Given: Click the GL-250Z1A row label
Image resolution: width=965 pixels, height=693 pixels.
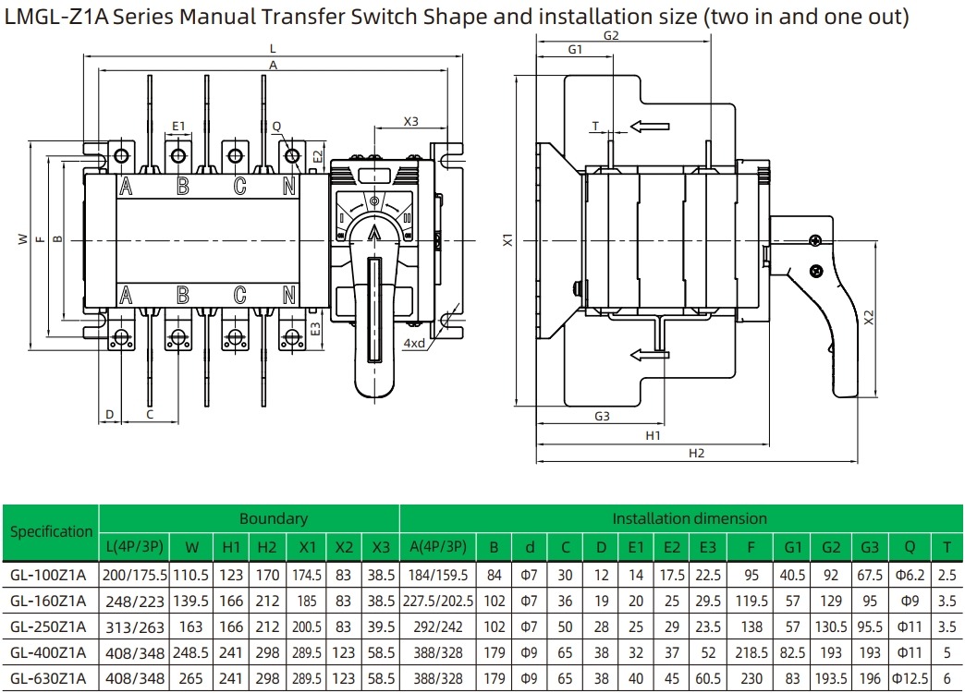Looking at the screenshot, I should pyautogui.click(x=47, y=628).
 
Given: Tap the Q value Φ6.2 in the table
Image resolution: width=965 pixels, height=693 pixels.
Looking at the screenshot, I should pyautogui.click(x=910, y=575).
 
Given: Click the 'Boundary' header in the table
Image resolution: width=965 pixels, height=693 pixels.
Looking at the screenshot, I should pyautogui.click(x=273, y=518).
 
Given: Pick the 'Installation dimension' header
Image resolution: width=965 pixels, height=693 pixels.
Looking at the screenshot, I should pyautogui.click(x=689, y=518).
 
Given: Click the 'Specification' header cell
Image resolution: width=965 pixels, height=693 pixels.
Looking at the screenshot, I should pyautogui.click(x=51, y=531).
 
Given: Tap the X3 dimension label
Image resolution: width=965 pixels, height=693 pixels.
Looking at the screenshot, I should pyautogui.click(x=410, y=121).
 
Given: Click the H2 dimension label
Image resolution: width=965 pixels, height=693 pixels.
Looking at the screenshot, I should pyautogui.click(x=696, y=453).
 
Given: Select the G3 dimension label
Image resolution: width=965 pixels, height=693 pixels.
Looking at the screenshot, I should pyautogui.click(x=602, y=417).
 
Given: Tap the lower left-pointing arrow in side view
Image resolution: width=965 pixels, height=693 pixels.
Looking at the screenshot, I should pyautogui.click(x=649, y=353).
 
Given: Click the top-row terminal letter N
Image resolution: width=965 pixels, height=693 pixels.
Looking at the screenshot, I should pyautogui.click(x=289, y=187).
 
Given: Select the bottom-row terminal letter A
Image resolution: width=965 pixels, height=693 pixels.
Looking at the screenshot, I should pyautogui.click(x=125, y=296).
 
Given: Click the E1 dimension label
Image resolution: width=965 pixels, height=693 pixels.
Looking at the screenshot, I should pyautogui.click(x=178, y=125).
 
